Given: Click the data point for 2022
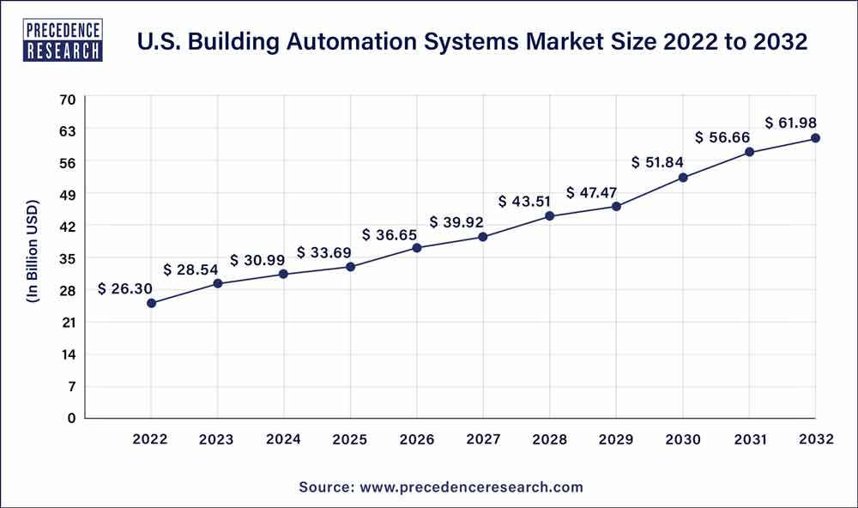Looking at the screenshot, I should (151, 303).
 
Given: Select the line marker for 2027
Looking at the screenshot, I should (483, 237).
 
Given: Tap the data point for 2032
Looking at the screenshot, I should (815, 138).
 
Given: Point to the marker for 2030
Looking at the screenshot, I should (683, 178).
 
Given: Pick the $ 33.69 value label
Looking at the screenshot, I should (325, 252).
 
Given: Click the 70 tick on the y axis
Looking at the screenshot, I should (68, 99).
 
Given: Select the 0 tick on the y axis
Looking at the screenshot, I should (72, 418).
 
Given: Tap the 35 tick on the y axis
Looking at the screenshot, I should (68, 258).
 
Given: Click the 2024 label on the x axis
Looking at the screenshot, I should (283, 439).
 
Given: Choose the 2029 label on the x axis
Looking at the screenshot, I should (616, 439).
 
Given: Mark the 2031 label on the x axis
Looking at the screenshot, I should (749, 439).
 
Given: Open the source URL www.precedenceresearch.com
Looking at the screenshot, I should (469, 487).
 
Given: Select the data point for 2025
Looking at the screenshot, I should (350, 267).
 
